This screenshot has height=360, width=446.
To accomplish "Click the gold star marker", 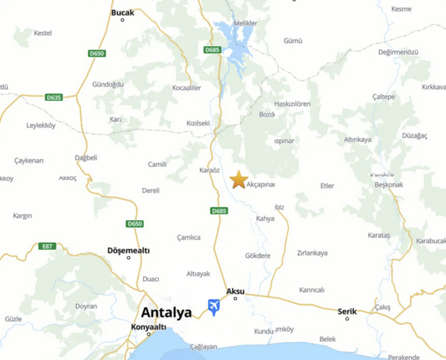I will pos(239,179).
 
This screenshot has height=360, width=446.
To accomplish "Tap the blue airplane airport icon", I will pos(214,307).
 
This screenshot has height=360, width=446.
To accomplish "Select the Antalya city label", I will pos(166,313).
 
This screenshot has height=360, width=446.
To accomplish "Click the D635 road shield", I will pos(54,97).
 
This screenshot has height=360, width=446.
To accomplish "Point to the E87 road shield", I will pos(48,247).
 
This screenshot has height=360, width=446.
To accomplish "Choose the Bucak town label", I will pos(123,13).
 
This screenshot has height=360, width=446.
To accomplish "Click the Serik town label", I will pos(347,311).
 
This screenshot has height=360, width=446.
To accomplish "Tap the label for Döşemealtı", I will pos(128,250).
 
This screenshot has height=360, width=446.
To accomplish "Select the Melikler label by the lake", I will pos(245,23).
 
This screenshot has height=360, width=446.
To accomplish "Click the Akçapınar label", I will pos(261,184).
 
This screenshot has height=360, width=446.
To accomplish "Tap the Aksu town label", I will pos(236,291).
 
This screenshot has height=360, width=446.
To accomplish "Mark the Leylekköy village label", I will pos(41,125).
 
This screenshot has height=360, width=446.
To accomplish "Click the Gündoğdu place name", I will pos(107,84).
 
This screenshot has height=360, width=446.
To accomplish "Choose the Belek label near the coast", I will pos(328,339).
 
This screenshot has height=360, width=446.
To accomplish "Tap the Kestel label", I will pos(43,33).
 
